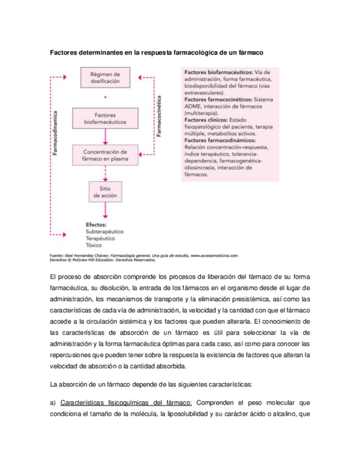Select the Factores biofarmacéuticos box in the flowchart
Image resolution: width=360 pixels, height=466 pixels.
pyautogui.click(x=104, y=119)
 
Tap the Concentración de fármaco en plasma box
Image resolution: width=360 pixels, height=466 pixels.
pyautogui.click(x=104, y=156)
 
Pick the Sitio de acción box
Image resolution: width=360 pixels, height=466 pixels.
pyautogui.click(x=104, y=191)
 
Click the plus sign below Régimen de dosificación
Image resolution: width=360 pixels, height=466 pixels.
pyautogui.click(x=104, y=97)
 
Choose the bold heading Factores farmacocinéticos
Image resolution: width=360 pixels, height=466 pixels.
pyautogui.click(x=216, y=99)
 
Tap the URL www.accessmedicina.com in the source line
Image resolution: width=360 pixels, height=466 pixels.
pyautogui.click(x=214, y=256)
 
